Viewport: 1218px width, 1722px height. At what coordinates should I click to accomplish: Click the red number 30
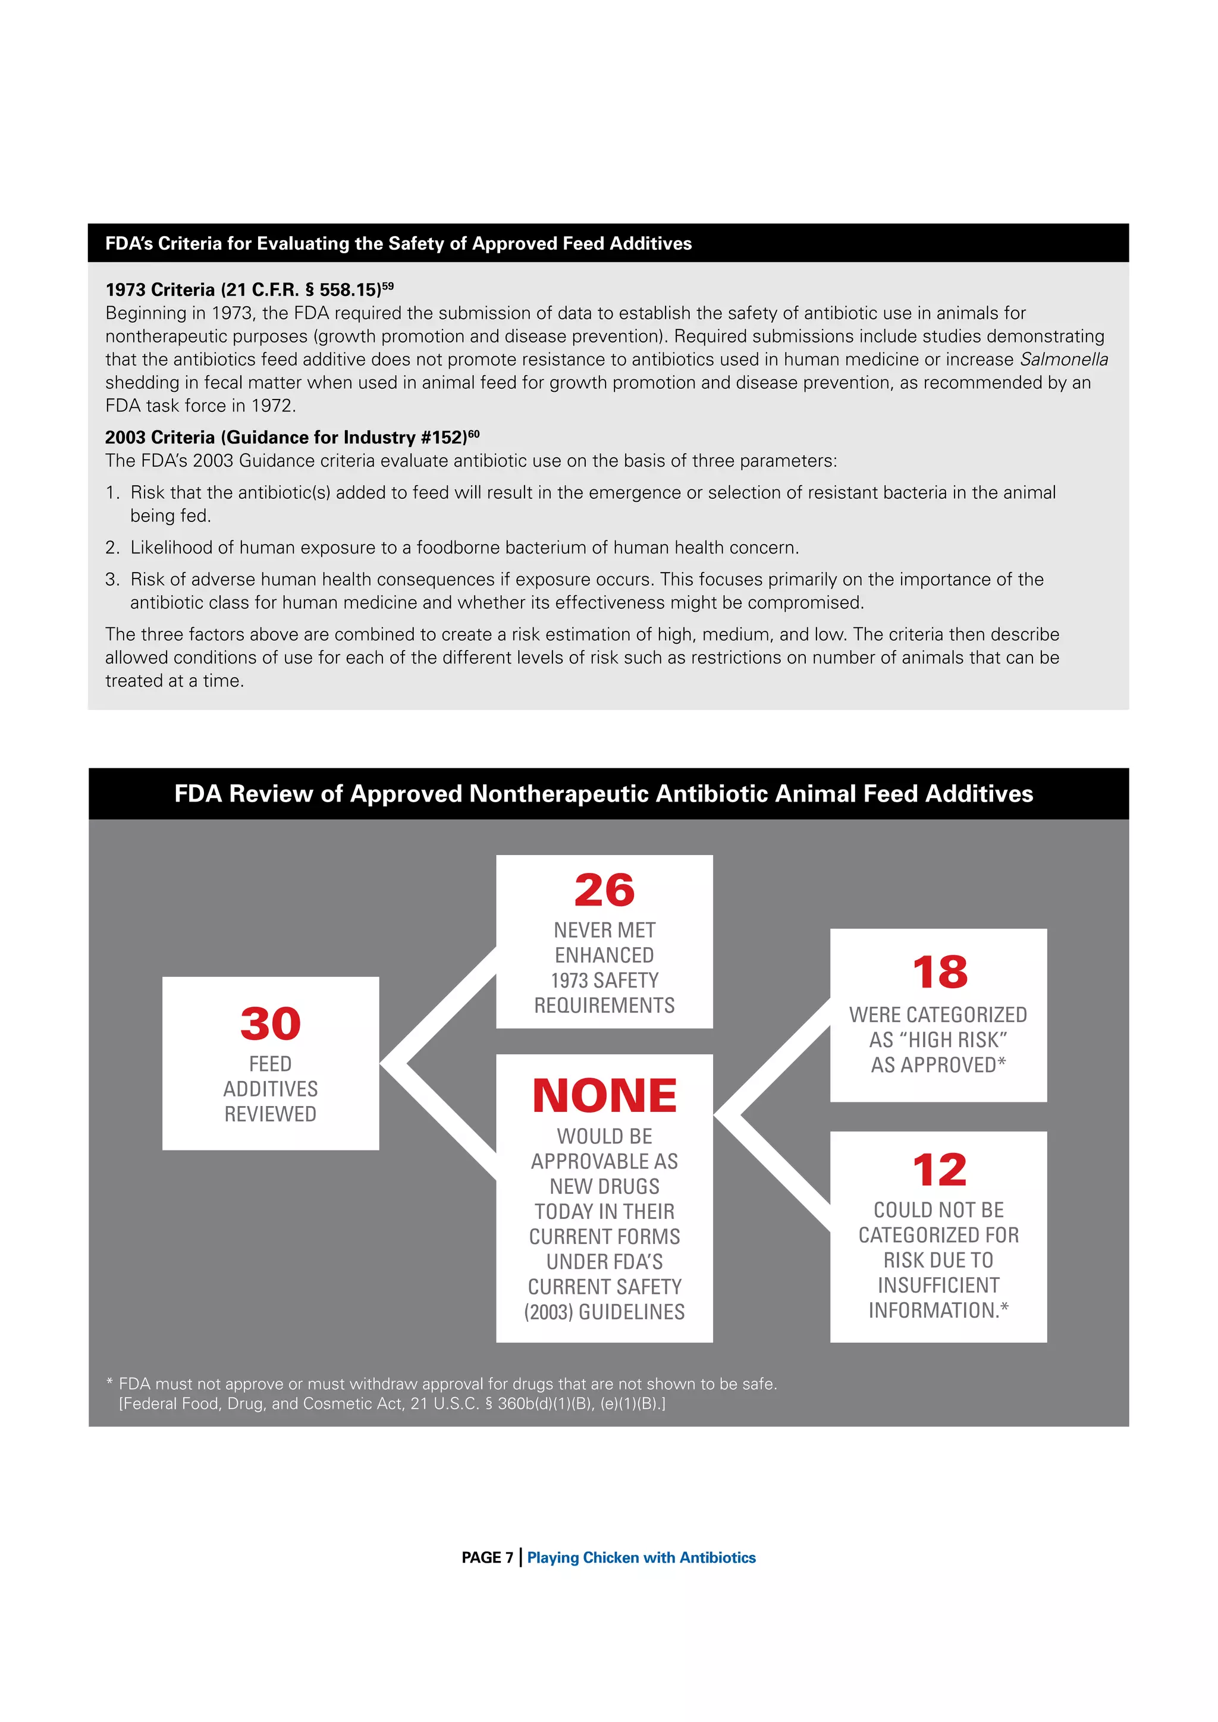(x=270, y=1024)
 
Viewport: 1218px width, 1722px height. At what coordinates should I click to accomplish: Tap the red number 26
(x=604, y=890)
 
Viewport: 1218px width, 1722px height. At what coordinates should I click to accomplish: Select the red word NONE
(x=604, y=1096)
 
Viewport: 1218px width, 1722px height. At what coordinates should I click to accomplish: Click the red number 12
(x=939, y=1170)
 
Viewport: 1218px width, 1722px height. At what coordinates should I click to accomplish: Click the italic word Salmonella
(x=1063, y=359)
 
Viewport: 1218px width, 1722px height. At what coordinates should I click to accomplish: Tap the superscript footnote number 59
(x=388, y=286)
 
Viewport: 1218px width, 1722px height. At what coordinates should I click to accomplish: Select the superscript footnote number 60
(x=473, y=433)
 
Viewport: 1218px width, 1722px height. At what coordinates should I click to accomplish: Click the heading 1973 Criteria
(x=160, y=290)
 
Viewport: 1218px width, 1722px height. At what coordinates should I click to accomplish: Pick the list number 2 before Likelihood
(x=112, y=548)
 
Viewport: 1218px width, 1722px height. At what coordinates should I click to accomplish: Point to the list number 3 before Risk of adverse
(x=112, y=579)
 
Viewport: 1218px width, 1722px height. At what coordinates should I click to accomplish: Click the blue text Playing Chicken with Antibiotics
(x=641, y=1558)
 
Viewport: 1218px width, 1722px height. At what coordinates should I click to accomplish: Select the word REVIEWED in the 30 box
(x=270, y=1114)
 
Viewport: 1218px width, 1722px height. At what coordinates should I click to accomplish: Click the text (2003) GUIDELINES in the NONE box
(x=604, y=1312)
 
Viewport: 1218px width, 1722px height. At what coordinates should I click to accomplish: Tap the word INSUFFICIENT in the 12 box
(x=938, y=1285)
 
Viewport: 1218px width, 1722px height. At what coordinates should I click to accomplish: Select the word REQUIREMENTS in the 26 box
(x=604, y=1005)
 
